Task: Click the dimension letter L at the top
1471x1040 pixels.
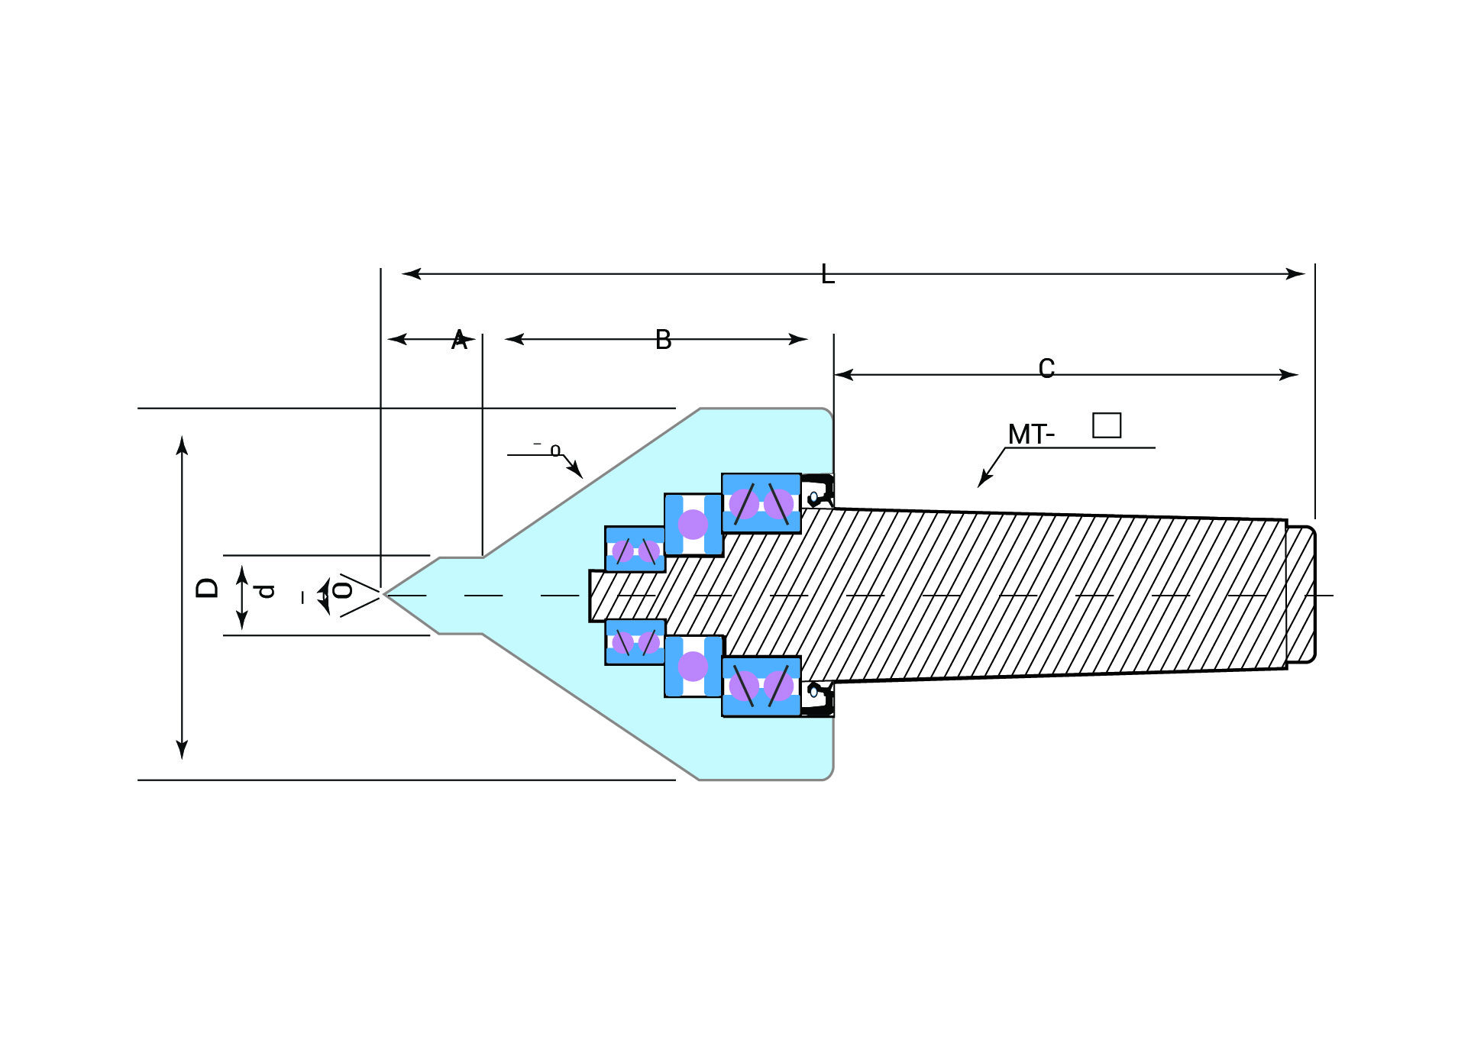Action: pyautogui.click(x=827, y=274)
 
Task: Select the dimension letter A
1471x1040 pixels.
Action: pyautogui.click(x=459, y=340)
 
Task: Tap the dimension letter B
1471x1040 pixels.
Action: pyautogui.click(x=663, y=340)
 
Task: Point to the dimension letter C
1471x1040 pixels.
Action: pyautogui.click(x=1046, y=369)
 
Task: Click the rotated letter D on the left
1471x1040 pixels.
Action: pyautogui.click(x=207, y=588)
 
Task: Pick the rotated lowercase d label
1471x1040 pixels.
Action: pyautogui.click(x=265, y=591)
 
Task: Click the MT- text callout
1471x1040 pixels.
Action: pyautogui.click(x=1030, y=434)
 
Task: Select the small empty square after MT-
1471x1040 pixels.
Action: pyautogui.click(x=1106, y=425)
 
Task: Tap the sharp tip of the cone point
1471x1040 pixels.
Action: pyautogui.click(x=386, y=594)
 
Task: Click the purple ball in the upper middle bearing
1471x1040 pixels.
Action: pyautogui.click(x=693, y=525)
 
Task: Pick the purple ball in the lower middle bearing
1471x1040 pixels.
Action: pyautogui.click(x=693, y=667)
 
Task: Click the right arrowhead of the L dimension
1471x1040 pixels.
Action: pyautogui.click(x=1295, y=274)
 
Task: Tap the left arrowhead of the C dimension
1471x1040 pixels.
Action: pyautogui.click(x=844, y=375)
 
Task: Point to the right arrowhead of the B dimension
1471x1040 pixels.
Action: pyautogui.click(x=798, y=339)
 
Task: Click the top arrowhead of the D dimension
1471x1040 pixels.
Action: pyautogui.click(x=182, y=444)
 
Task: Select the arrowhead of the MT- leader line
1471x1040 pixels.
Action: pyautogui.click(x=983, y=481)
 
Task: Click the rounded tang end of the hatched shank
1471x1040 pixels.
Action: pyautogui.click(x=1301, y=594)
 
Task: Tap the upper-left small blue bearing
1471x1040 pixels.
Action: pyautogui.click(x=635, y=549)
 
